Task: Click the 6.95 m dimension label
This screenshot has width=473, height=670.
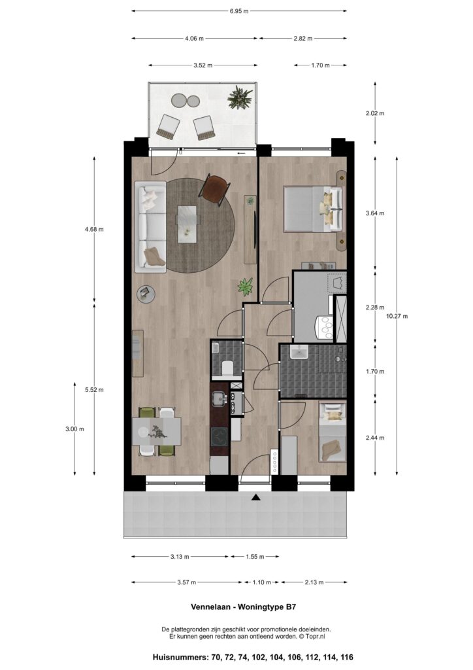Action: [239, 11]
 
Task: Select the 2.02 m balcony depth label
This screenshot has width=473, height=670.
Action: [375, 113]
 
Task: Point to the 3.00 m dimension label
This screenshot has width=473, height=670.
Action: [74, 429]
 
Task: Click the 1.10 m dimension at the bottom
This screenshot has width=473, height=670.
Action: [261, 582]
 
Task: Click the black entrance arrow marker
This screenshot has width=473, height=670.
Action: [255, 497]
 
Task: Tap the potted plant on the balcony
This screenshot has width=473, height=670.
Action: [239, 98]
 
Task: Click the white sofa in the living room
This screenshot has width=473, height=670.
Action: [150, 227]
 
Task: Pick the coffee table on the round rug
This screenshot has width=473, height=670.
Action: [188, 224]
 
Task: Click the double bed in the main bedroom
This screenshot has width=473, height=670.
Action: [314, 209]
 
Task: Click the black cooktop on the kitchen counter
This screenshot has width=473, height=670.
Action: [220, 436]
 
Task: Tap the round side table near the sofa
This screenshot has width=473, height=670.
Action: [146, 294]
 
